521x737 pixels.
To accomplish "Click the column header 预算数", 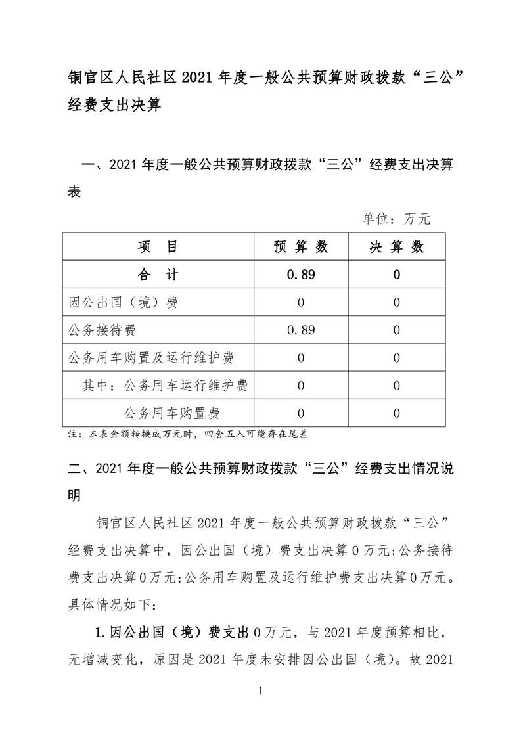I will [x=301, y=247].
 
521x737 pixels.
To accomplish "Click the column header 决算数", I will [x=397, y=247].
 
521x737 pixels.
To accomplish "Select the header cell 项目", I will [x=158, y=247].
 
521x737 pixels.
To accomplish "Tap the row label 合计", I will [x=158, y=275].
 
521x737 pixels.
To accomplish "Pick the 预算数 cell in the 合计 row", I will [x=301, y=275].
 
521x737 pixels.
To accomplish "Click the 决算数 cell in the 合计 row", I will [x=397, y=275].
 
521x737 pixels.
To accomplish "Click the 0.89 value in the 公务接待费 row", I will [x=301, y=330].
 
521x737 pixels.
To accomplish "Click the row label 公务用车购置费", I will [x=171, y=413].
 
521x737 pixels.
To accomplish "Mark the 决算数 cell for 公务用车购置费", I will [x=397, y=413].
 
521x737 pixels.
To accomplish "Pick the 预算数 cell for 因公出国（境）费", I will [x=301, y=303].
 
